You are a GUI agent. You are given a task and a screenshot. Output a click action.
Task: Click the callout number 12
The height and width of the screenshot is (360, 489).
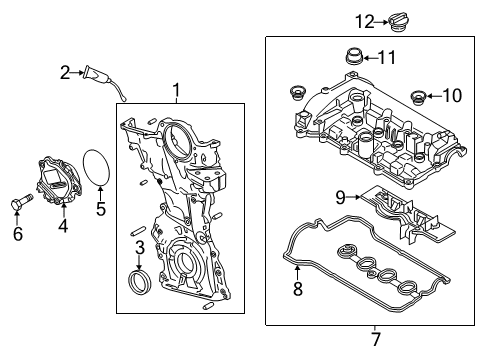(x=365, y=22)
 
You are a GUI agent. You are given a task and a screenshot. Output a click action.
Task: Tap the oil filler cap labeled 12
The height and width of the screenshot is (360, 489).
(x=399, y=23)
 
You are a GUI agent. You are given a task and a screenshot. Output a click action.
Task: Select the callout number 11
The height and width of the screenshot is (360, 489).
(x=387, y=58)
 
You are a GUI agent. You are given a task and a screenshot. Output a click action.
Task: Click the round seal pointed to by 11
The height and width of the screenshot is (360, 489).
(x=354, y=57)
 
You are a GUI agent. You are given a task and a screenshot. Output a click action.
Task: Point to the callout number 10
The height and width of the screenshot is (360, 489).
(x=452, y=96)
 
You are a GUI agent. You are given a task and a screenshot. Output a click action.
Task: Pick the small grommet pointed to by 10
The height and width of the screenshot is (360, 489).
(x=418, y=97)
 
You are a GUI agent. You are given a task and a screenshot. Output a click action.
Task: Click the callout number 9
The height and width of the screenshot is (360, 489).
(x=340, y=197)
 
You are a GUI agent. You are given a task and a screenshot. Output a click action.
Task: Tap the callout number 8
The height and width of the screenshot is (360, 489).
(x=298, y=289)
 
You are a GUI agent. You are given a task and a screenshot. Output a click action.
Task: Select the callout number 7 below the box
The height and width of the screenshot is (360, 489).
(x=376, y=339)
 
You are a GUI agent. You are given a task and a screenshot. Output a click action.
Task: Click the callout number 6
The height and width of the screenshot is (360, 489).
(x=18, y=233)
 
